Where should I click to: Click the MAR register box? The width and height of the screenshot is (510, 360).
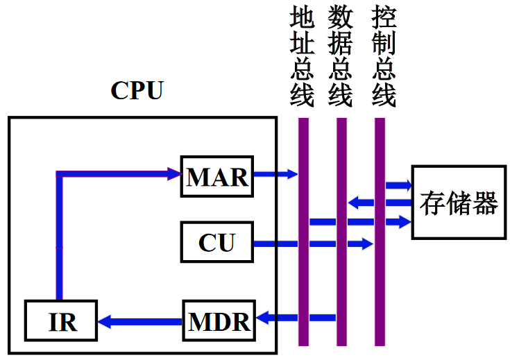pos(217,177)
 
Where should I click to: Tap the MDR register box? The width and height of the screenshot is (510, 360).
pos(219,321)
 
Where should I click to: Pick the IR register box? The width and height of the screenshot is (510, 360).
pos(62,322)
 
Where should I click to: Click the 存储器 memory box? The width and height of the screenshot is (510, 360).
pos(458,203)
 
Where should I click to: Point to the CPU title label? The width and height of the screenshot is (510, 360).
pos(137,90)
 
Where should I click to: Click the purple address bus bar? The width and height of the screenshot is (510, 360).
pos(303,277)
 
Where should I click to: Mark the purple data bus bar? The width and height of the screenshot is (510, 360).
pos(341,277)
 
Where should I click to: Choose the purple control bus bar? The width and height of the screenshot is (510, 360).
pos(380,277)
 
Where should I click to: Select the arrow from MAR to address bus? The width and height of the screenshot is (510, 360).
pos(275,174)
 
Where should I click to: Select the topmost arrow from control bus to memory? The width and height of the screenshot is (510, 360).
pos(398,185)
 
